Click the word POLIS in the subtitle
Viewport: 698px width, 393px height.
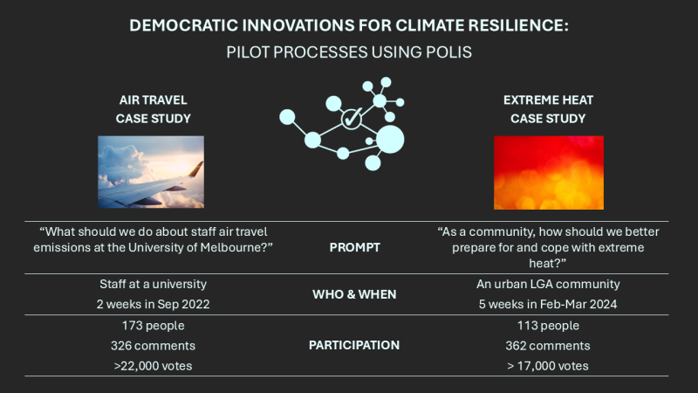448,52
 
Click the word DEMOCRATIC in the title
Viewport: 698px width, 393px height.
183,25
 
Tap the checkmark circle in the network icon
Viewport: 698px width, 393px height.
352,119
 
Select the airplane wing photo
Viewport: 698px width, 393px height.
151,172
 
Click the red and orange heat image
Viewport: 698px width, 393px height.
549,172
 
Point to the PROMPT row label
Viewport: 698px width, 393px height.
355,248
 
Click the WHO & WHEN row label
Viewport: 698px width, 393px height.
354,294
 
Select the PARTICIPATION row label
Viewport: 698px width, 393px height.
354,345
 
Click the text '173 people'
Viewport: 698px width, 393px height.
154,326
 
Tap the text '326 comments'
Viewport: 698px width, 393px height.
154,346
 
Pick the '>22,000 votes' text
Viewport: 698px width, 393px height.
154,366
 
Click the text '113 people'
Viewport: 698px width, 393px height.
548,326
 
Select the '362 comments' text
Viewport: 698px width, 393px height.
548,346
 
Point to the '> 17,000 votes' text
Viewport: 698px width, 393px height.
548,366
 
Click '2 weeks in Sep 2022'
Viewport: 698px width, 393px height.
154,304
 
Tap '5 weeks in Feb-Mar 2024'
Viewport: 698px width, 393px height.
548,304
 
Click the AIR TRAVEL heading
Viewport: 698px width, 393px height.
154,100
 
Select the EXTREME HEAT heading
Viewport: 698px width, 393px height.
548,100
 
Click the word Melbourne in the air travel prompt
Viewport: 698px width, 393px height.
236,247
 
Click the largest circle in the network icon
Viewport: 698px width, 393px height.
390,140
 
